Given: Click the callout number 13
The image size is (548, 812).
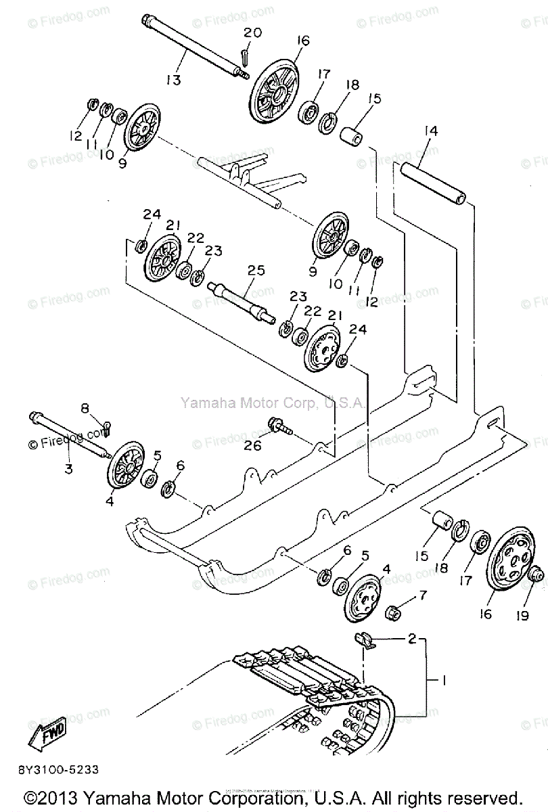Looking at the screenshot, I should click(x=173, y=80).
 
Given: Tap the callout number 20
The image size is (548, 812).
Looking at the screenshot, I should click(x=252, y=32).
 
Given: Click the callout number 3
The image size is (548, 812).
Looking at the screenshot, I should click(x=68, y=468).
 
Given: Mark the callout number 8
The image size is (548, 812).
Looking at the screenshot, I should click(x=85, y=408).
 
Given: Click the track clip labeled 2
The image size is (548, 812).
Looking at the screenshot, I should click(x=365, y=639).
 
